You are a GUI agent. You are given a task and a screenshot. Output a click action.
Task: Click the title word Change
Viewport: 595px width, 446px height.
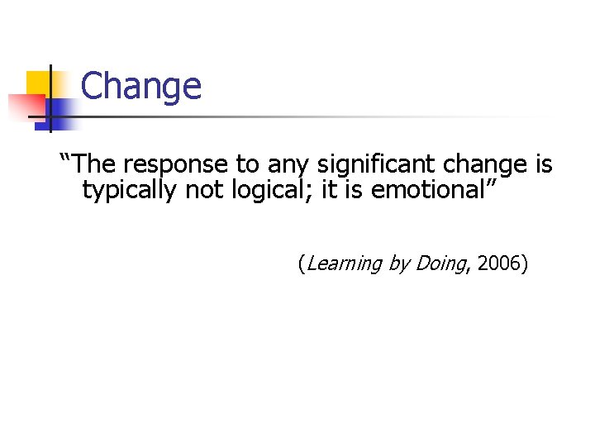(x=141, y=86)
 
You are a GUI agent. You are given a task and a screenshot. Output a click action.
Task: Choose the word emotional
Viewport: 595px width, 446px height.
(x=430, y=190)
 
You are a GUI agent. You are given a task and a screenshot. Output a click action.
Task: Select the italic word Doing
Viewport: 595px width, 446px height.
(x=440, y=264)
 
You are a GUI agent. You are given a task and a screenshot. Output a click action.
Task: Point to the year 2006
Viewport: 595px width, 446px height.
(x=499, y=264)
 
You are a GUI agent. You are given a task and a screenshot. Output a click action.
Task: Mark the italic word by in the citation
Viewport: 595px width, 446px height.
(x=398, y=264)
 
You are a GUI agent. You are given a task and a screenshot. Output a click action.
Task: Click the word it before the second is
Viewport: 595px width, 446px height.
(x=329, y=190)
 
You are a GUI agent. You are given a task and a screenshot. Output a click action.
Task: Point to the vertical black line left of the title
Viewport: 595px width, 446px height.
(x=50, y=98)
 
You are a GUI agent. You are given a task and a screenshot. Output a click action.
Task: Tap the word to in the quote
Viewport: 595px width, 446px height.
(x=247, y=164)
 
